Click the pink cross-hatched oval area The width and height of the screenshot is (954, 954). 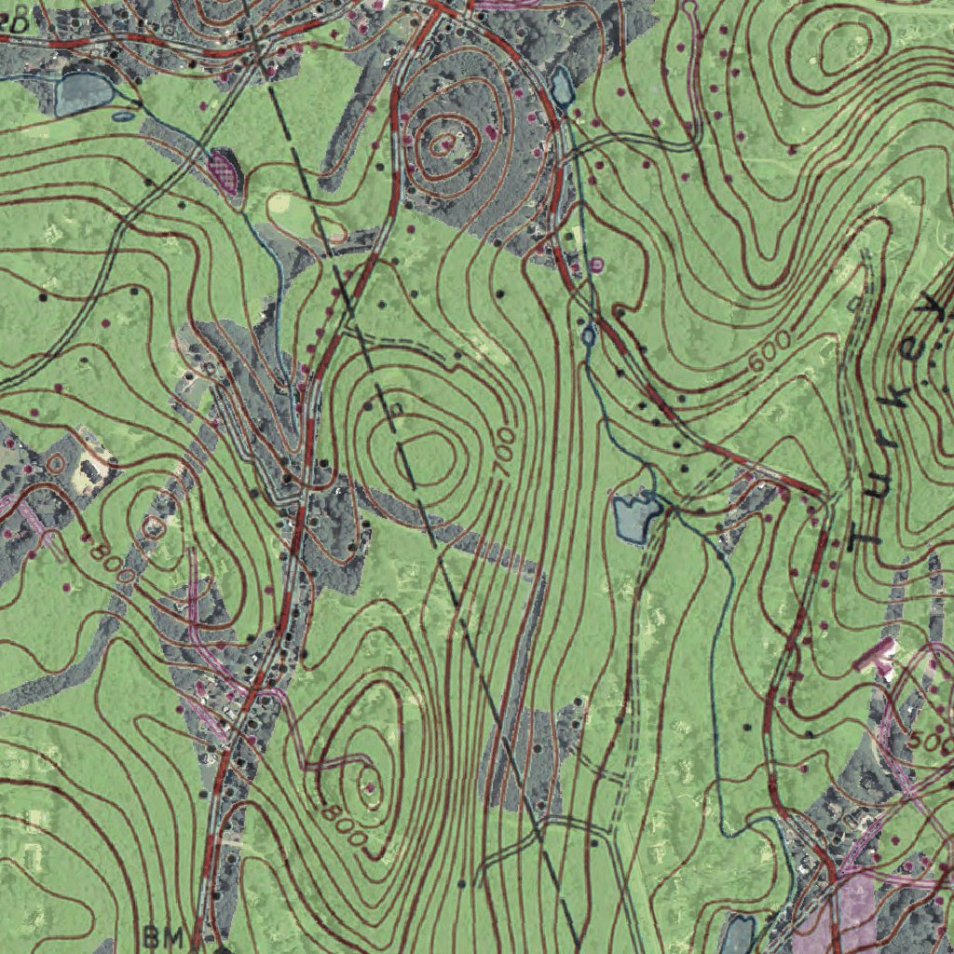224,170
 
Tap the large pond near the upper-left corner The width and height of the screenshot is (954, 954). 84,93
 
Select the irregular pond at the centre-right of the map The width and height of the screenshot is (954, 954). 637,517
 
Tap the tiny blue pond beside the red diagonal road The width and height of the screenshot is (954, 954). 589,334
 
